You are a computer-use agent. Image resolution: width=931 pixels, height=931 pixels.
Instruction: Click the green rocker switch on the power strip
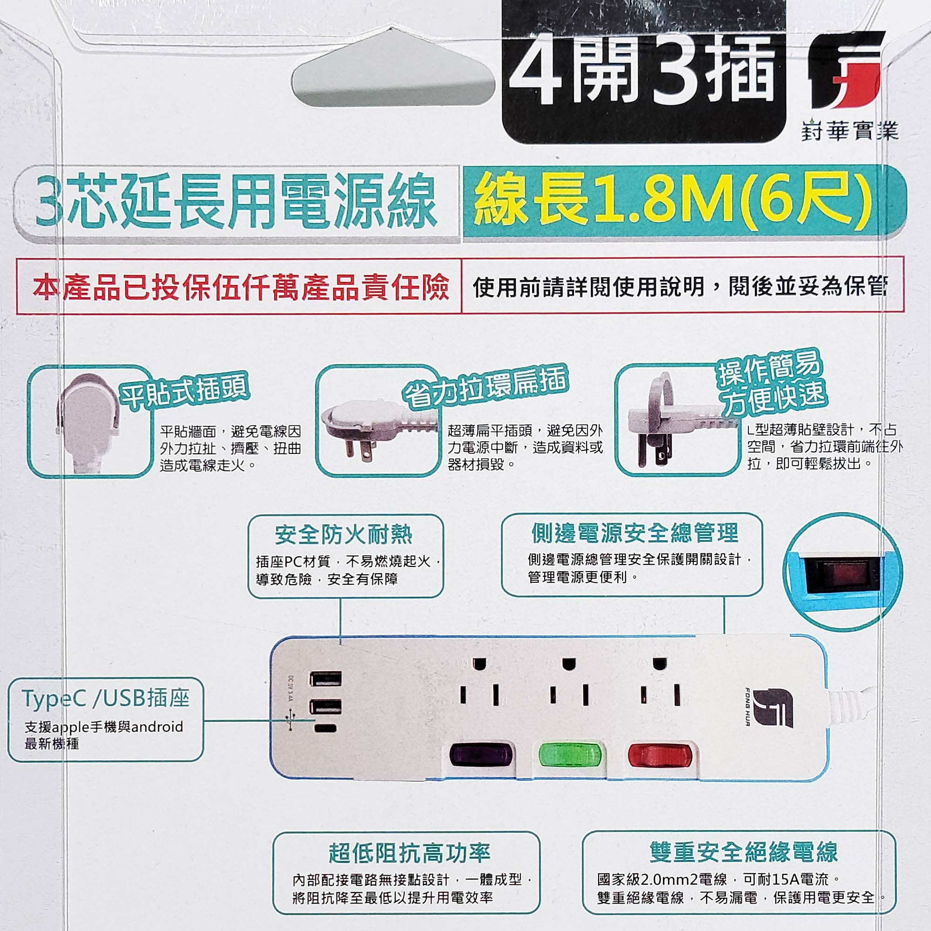(569, 755)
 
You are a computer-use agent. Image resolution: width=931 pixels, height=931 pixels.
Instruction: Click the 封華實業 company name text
(850, 131)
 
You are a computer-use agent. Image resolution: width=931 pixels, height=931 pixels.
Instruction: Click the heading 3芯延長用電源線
(236, 201)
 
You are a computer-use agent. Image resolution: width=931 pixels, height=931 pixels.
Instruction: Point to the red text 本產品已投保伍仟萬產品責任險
(241, 287)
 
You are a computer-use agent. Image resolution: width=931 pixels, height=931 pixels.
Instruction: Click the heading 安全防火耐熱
(344, 534)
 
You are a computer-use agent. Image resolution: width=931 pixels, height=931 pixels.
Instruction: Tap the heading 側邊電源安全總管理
(635, 533)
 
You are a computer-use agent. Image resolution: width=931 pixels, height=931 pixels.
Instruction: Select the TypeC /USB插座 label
(106, 697)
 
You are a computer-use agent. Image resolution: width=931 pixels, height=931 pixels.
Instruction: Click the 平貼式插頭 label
(183, 391)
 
